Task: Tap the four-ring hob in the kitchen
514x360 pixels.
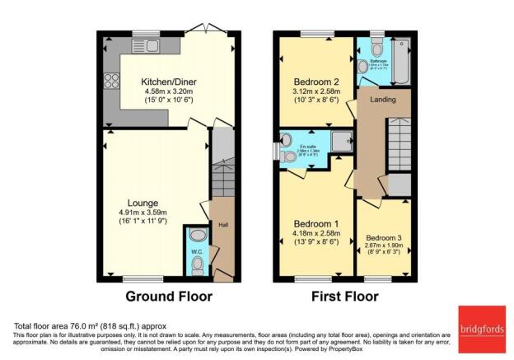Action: point(110,81)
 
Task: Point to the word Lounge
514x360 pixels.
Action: point(142,202)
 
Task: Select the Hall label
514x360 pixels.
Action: point(222,222)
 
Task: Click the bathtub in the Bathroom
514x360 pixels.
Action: point(401,61)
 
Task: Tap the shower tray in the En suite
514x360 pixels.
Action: point(341,143)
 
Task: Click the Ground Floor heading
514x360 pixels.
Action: point(168,296)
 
